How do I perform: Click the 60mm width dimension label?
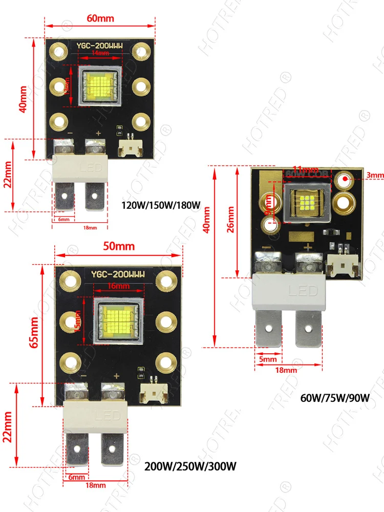coord(100,18)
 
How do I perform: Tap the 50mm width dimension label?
coord(119,246)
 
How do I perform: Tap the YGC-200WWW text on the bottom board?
coord(118,275)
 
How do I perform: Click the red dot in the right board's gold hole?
coord(346,179)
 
